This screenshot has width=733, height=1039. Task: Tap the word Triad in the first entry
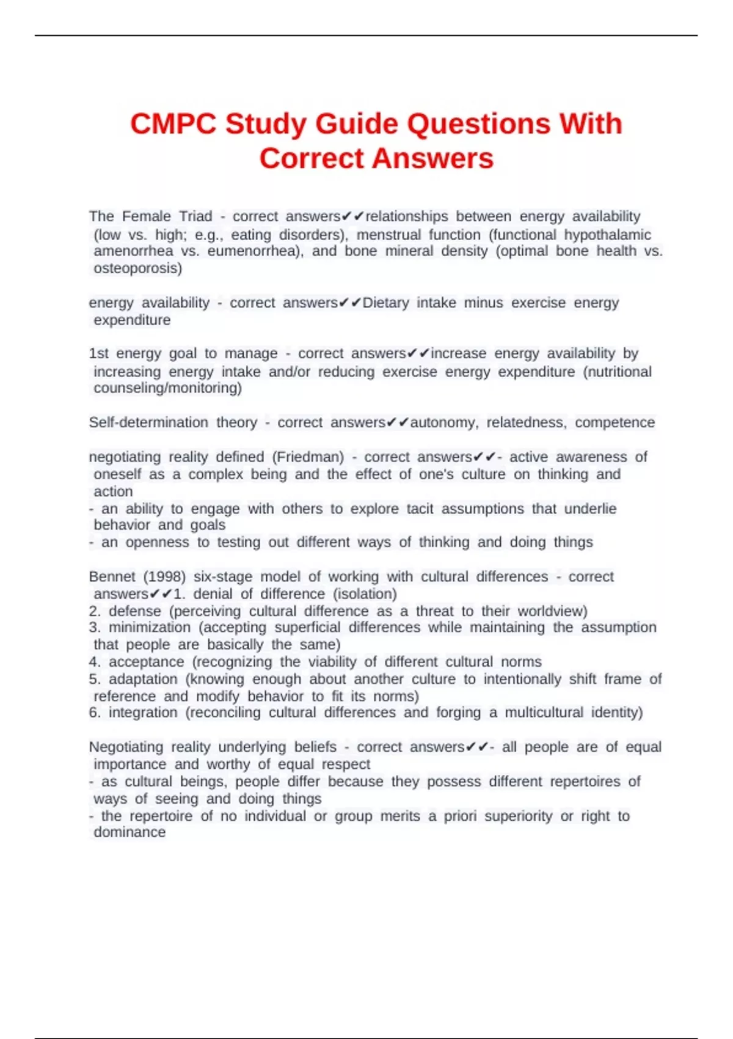[195, 216]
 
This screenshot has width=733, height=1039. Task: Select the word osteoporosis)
[137, 268]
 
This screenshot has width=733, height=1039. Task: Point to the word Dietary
[385, 303]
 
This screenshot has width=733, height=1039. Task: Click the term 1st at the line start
[98, 354]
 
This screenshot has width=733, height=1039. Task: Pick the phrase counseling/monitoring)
[167, 388]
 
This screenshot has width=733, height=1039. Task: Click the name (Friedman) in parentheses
[308, 457]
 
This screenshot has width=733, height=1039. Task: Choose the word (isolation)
[365, 594]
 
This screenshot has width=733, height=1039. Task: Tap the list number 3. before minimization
[95, 628]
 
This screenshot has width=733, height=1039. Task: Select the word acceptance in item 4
[146, 662]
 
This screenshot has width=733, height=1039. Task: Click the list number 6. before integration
[95, 713]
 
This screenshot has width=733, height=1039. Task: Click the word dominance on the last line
[129, 832]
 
